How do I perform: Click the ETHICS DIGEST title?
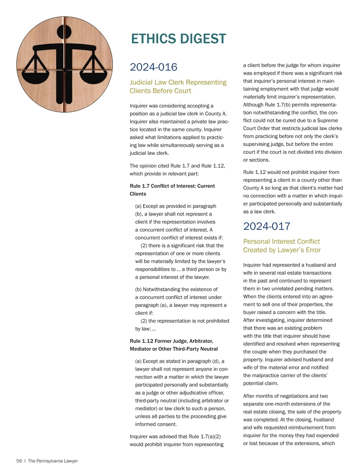(x=178, y=39)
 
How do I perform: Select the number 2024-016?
(x=153, y=67)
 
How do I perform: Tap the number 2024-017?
(x=267, y=226)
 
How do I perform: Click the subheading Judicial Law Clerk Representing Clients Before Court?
(x=178, y=86)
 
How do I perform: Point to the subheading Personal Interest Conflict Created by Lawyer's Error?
(x=282, y=246)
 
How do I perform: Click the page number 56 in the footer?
(x=19, y=461)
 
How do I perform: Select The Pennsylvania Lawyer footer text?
(x=53, y=461)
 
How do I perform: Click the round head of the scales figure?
(x=64, y=32)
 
